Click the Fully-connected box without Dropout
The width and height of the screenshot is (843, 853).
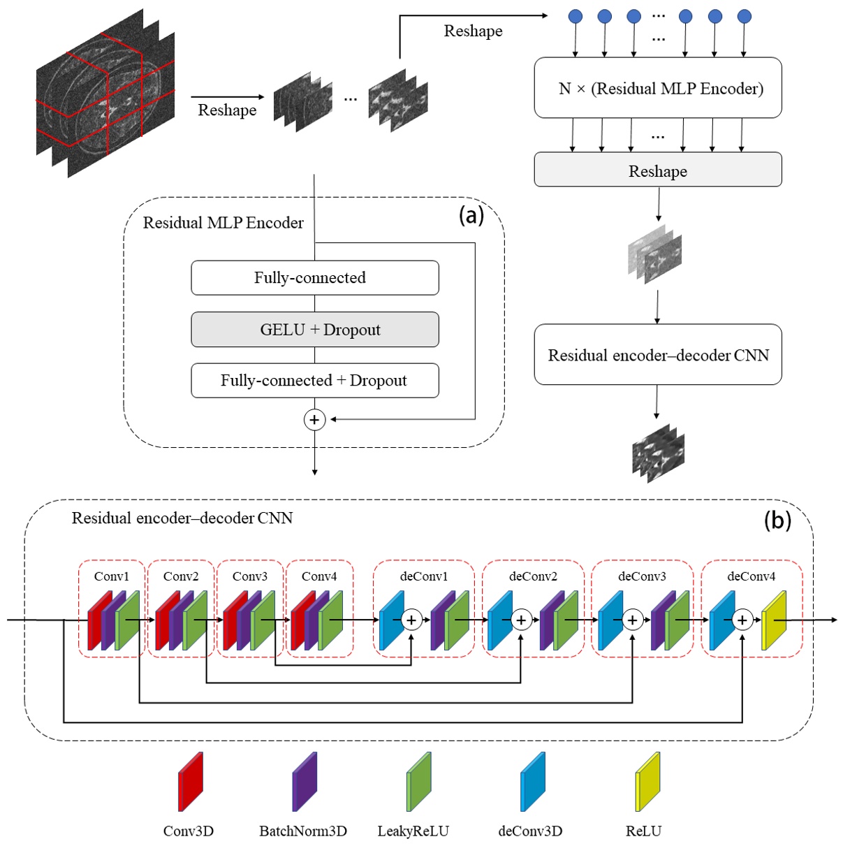[315, 278]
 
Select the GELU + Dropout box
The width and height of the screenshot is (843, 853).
[315, 330]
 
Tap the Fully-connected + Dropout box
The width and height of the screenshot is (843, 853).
[315, 381]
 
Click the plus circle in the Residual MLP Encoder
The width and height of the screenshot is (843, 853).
[314, 420]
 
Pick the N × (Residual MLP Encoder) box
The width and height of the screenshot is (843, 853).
[657, 88]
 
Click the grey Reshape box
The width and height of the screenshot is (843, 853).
[657, 170]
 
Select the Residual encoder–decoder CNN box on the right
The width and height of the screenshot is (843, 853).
[657, 355]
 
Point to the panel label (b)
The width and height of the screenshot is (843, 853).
[777, 520]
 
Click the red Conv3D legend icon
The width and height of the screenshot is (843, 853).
[190, 782]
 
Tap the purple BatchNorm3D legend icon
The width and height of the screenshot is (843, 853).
[305, 782]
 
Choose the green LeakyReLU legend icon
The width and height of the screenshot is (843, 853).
[418, 782]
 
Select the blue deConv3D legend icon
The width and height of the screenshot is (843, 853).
[532, 782]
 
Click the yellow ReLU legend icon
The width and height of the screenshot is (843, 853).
[647, 782]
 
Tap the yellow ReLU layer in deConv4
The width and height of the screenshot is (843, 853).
[773, 620]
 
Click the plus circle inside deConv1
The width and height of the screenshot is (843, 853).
[411, 620]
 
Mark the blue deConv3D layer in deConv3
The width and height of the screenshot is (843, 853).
[610, 620]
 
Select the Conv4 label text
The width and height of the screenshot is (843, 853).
[319, 576]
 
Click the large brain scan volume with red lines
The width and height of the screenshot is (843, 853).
[105, 94]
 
